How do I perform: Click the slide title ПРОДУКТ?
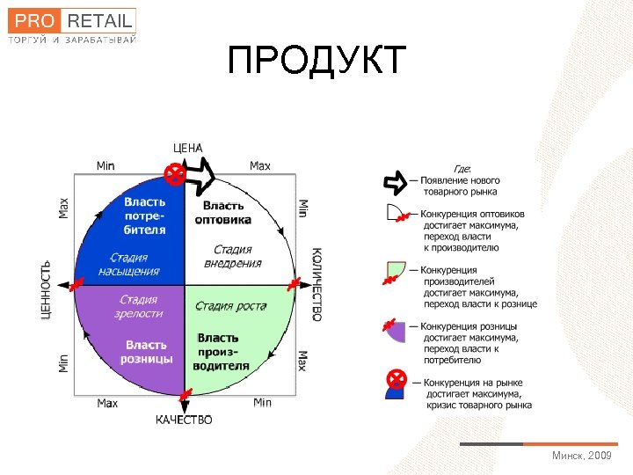(x=316, y=60)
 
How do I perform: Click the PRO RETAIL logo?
(x=73, y=26)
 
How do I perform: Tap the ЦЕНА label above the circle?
(x=187, y=149)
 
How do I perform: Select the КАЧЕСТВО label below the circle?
(x=184, y=420)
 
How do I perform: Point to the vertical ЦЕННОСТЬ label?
(x=46, y=289)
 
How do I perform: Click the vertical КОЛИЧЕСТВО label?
(x=316, y=284)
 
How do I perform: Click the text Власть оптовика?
(x=222, y=212)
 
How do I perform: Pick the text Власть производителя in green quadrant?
(x=223, y=352)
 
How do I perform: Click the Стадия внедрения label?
(x=233, y=256)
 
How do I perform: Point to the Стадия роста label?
(x=230, y=306)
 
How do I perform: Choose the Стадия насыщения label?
(x=135, y=264)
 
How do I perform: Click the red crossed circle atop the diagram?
(x=176, y=174)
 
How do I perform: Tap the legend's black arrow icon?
(x=395, y=183)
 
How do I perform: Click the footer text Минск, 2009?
(x=581, y=456)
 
